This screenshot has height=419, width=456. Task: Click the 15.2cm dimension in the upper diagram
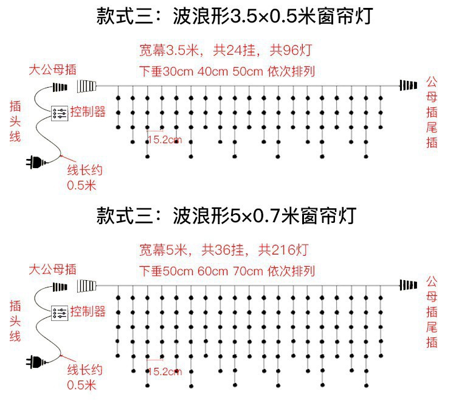pos(164,139)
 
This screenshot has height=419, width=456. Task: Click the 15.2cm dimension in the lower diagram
pos(164,371)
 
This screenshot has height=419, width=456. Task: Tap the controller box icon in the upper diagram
pos(60,113)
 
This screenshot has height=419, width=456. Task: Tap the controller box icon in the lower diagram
pos(60,312)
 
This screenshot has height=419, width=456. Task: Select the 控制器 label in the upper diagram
pos(88,112)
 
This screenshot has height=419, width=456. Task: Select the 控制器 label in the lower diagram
pos(88,312)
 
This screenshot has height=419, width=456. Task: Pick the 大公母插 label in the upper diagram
pos(54,69)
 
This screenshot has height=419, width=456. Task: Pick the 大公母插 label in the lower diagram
pos(54,269)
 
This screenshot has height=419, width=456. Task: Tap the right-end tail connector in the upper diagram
pos(409,85)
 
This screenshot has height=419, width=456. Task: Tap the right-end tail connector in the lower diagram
pos(409,284)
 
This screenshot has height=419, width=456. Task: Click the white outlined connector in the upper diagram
pos(87,85)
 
